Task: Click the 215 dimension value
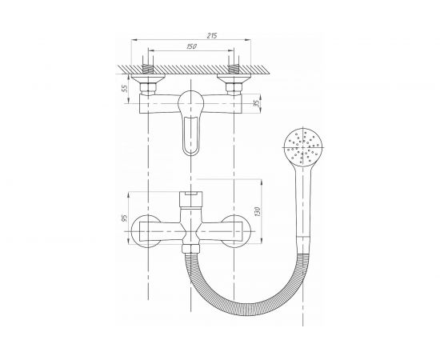212,36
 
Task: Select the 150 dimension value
191,46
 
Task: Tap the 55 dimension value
125,89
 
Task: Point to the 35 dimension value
256,103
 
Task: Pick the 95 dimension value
124,218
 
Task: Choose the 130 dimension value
258,211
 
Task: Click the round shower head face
303,147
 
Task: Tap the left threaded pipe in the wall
148,68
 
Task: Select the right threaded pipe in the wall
234,68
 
